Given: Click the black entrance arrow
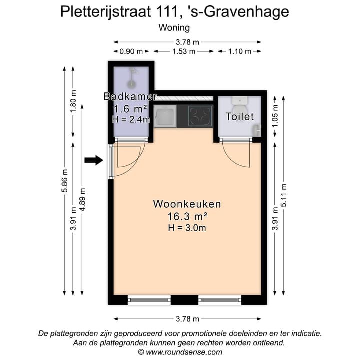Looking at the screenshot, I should click(x=93, y=160).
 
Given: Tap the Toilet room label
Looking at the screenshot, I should click(x=240, y=116).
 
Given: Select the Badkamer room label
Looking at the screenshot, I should click(x=131, y=96).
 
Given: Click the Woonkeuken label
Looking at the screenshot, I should click(x=187, y=204).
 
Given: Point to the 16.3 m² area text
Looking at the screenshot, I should click(x=187, y=216).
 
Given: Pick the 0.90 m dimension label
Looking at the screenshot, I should click(x=131, y=51).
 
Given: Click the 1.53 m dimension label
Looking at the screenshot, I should click(x=183, y=51).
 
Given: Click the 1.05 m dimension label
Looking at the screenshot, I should click(x=275, y=116).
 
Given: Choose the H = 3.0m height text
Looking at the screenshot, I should click(x=187, y=228).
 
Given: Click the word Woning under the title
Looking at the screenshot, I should click(x=174, y=28).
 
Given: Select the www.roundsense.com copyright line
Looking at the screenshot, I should click(x=180, y=352).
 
